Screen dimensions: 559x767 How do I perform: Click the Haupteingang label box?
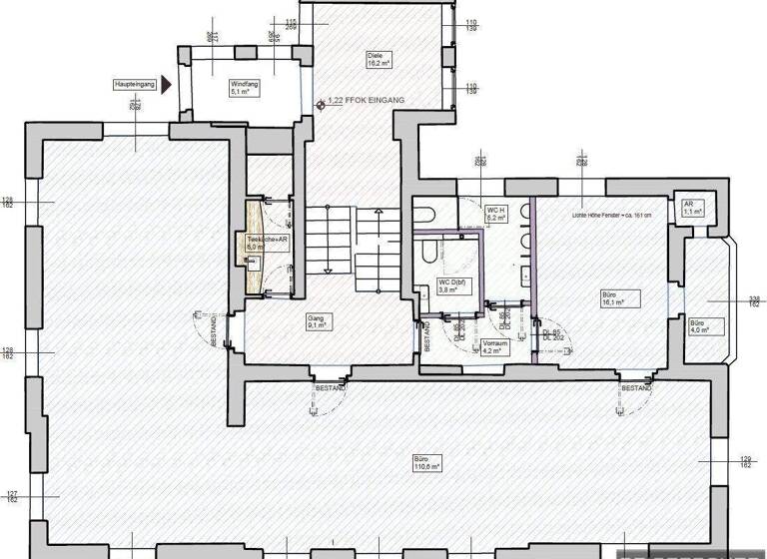pos(133,87)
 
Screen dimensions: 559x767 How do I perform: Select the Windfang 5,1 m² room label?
pos(244,87)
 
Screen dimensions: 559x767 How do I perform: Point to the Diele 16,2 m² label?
pos(377,59)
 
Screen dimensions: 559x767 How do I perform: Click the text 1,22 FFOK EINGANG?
pos(366,102)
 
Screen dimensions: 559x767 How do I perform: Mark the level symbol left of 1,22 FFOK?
pos(319,102)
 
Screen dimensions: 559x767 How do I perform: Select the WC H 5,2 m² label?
pos(496,213)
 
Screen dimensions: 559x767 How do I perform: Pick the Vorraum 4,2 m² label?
pos(496,346)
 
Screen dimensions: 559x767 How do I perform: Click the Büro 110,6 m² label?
pos(426,463)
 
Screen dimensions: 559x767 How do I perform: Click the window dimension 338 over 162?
pos(755,300)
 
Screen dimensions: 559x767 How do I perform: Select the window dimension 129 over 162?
pos(746,460)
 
